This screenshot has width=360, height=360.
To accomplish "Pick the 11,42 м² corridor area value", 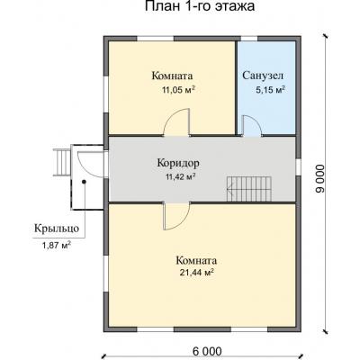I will pyautogui.click(x=181, y=176).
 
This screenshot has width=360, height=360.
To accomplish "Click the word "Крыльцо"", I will pyautogui.click(x=57, y=229).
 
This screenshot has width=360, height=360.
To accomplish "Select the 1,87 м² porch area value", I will pyautogui.click(x=57, y=245).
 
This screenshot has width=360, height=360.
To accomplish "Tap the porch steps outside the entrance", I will pyautogui.click(x=63, y=163).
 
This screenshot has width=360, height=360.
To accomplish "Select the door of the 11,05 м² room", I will pyautogui.click(x=179, y=121).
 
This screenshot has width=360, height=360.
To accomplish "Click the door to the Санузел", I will pyautogui.click(x=253, y=127).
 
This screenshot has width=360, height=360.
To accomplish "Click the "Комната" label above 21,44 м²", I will pyautogui.click(x=196, y=259).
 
